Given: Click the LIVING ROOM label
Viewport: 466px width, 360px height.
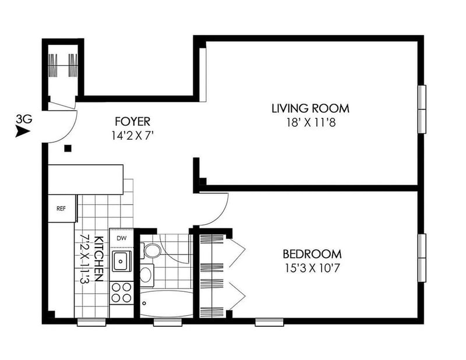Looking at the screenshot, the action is click(310, 108).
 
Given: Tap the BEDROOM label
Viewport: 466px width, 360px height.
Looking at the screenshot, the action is click(312, 254).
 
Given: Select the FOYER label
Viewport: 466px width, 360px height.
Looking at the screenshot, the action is click(133, 122).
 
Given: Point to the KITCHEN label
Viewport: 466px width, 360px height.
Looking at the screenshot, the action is click(98, 259).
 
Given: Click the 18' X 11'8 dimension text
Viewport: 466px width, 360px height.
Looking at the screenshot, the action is click(311, 122).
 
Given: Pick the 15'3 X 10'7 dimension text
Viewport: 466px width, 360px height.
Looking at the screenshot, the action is click(312, 269).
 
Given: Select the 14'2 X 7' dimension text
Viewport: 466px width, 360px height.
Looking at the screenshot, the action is click(133, 136).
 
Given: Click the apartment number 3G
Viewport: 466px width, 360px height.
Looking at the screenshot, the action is click(24, 119).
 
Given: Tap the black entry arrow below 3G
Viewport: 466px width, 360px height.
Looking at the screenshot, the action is click(23, 132).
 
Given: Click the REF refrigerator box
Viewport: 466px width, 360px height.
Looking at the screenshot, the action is click(62, 209).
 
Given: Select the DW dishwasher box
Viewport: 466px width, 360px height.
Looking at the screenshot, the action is click(121, 238).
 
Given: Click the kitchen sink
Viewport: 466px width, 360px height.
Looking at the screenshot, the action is click(121, 262).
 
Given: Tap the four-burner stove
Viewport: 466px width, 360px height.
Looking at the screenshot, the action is click(121, 292).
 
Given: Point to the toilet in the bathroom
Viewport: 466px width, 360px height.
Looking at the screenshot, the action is click(150, 251).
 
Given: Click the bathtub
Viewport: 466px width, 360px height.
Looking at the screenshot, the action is click(166, 303).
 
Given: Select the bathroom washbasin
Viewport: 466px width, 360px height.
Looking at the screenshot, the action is click(147, 275).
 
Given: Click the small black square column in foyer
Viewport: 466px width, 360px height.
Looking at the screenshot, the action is click(68, 148).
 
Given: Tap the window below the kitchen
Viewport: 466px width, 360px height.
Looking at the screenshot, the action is click(91, 322).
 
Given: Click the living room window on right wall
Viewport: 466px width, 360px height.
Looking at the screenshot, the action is click(422, 109).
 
